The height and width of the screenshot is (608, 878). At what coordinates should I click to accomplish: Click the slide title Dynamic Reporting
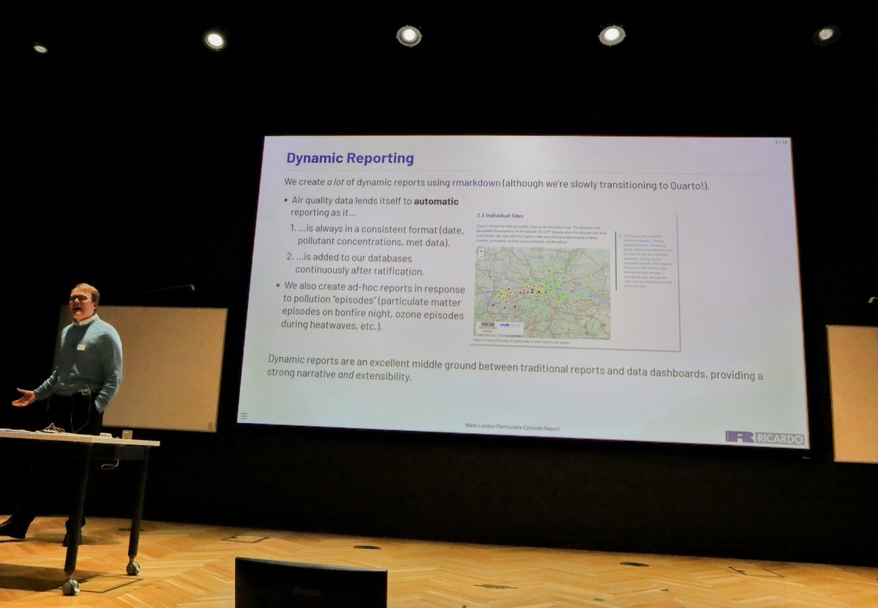[350, 158]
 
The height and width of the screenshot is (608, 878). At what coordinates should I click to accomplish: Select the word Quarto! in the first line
[688, 186]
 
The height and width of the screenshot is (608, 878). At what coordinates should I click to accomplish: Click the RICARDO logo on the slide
[766, 438]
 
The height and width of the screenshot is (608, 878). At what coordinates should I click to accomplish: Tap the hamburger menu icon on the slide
[244, 416]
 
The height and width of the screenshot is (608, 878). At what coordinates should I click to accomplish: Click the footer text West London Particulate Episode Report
[512, 427]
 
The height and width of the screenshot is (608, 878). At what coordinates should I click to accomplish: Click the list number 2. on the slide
[290, 258]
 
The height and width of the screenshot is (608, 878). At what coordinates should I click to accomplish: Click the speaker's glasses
[80, 298]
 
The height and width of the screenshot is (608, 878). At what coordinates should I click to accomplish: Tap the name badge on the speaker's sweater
[81, 347]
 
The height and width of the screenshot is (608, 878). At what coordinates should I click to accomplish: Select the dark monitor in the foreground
[311, 583]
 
